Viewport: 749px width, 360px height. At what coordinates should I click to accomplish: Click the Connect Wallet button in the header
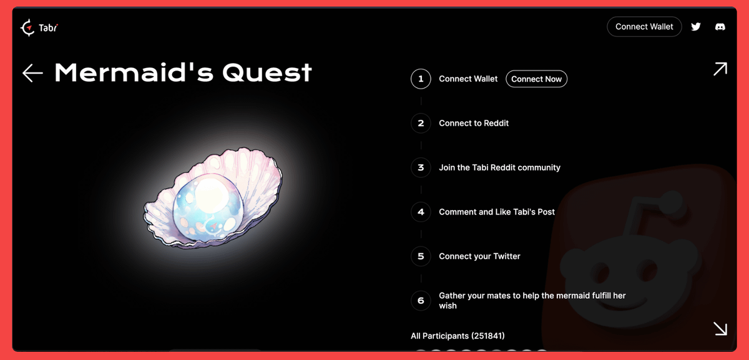[x=644, y=27]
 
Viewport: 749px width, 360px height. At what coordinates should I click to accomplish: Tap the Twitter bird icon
[x=696, y=27]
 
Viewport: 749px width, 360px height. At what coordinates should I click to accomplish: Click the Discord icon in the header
[x=720, y=27]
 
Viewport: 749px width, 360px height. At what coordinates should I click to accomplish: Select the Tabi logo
[x=39, y=27]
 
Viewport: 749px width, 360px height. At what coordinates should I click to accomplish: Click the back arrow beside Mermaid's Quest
[x=32, y=73]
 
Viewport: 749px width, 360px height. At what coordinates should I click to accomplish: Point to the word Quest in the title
[x=267, y=73]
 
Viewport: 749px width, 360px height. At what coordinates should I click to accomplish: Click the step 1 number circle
[x=421, y=79]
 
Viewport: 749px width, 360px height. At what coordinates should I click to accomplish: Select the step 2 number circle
[x=421, y=123]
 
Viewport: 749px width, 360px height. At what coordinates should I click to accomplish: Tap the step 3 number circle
[x=421, y=167]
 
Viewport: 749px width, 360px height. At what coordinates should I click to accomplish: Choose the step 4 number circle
[x=421, y=212]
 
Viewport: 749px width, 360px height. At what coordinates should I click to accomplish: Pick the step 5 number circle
[x=421, y=256]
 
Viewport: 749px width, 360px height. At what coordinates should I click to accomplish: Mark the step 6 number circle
[x=421, y=300]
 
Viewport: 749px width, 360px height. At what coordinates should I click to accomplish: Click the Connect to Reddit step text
[x=474, y=123]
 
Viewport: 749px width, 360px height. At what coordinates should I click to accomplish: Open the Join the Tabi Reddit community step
[x=499, y=167]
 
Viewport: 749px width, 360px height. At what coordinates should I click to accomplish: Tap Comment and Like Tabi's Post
[x=497, y=212]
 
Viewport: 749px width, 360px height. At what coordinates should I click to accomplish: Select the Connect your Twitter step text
[x=479, y=256]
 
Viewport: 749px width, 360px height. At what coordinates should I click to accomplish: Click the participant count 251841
[x=488, y=336]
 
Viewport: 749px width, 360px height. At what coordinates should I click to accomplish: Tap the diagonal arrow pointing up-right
[x=720, y=69]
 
